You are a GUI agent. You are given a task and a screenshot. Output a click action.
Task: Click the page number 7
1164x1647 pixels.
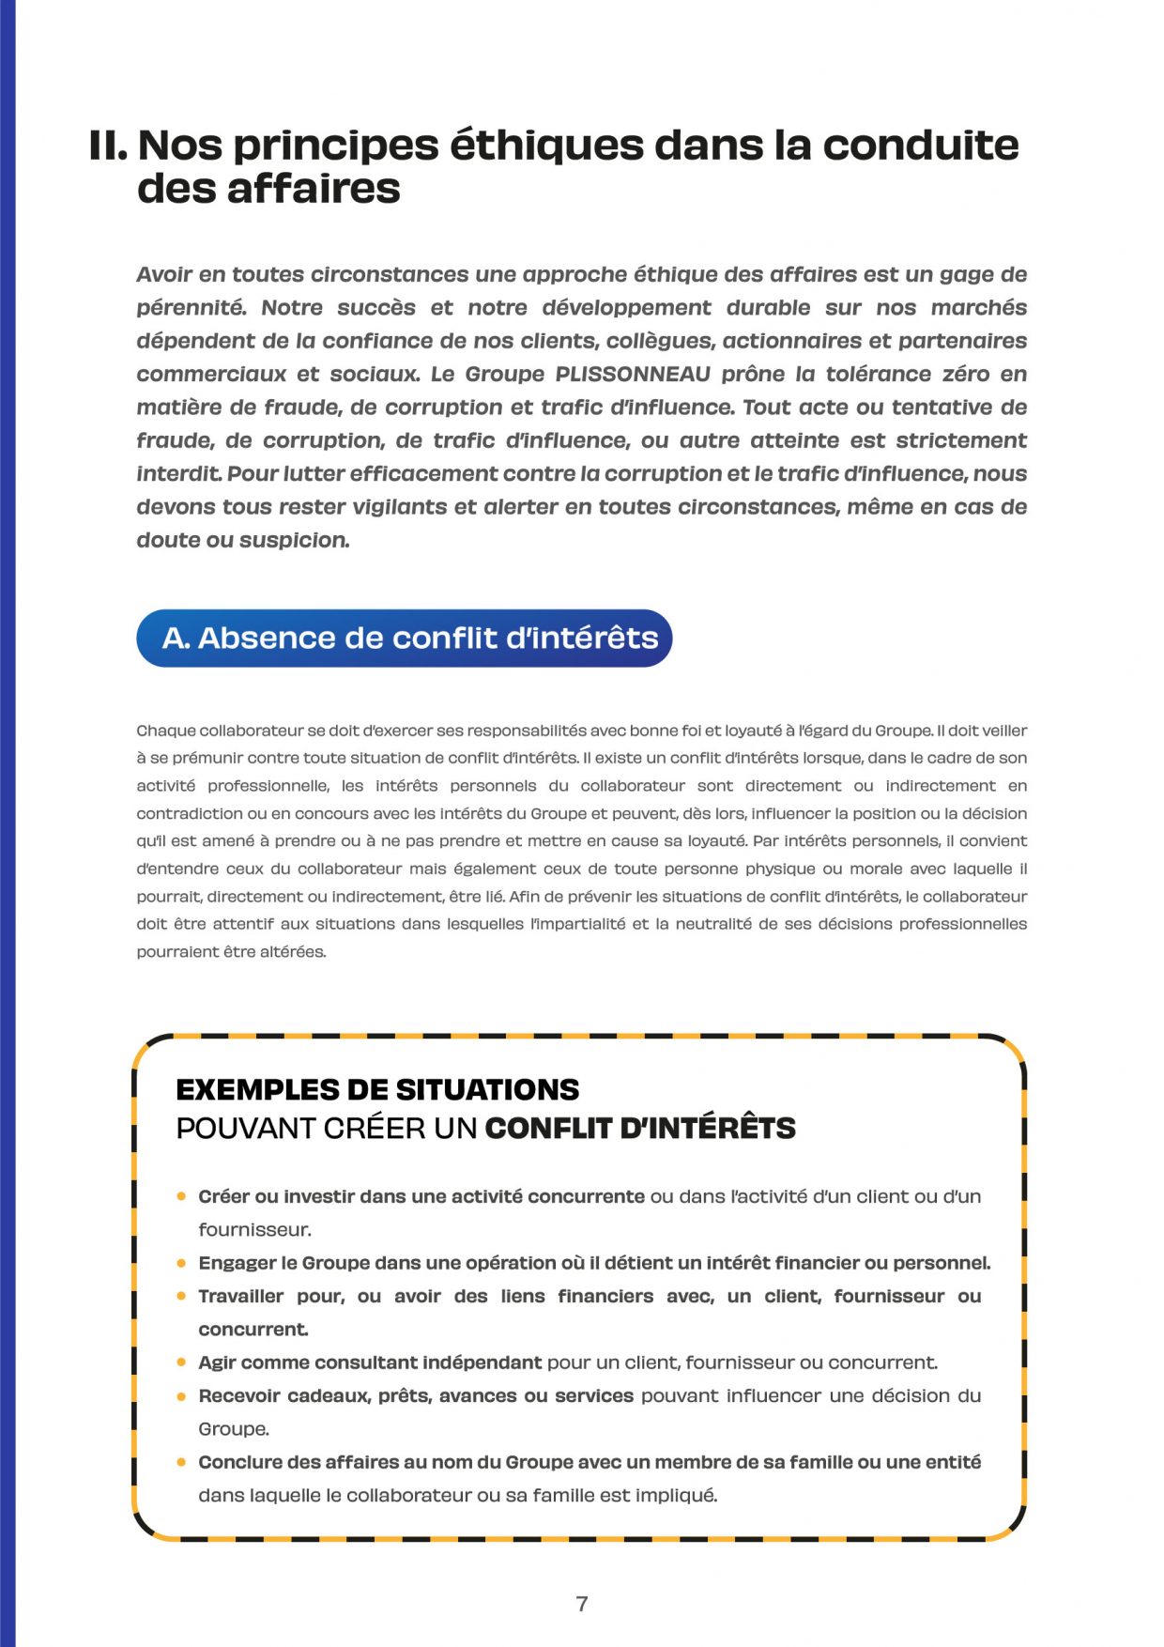pos(582,1604)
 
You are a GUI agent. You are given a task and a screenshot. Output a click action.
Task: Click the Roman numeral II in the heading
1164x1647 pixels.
pos(107,146)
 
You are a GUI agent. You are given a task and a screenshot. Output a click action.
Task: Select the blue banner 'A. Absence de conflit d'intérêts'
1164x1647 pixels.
pos(405,639)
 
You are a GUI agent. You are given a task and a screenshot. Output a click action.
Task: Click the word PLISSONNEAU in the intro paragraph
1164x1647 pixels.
pos(633,375)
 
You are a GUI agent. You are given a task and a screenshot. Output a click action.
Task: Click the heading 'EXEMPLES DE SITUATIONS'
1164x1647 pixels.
pos(377,1089)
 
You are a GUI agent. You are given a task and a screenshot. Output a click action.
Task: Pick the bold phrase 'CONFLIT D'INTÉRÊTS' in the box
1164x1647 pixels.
pos(640,1128)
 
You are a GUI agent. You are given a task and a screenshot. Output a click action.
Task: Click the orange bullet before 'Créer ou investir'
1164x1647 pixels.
pos(181,1196)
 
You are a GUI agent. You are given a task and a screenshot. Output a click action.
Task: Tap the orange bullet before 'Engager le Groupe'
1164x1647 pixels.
pos(181,1263)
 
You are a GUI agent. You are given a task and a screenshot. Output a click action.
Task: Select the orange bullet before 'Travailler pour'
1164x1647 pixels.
pos(181,1296)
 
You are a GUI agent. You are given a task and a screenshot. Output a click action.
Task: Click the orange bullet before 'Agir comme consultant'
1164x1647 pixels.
pos(181,1362)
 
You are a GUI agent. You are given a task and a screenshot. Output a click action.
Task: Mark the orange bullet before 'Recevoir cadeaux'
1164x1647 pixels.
pos(181,1395)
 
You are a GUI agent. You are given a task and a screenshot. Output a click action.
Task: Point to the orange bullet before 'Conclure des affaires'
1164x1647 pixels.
pos(181,1462)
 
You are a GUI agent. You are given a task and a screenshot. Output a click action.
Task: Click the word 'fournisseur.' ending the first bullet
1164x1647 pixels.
pos(254,1230)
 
